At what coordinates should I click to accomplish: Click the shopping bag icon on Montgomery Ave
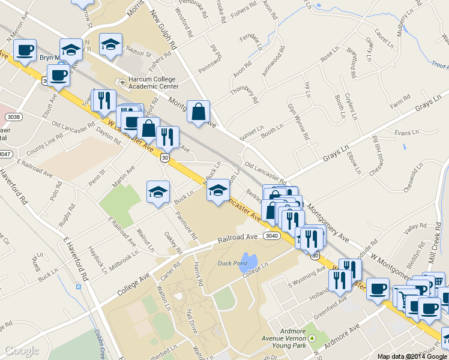(x=198, y=111)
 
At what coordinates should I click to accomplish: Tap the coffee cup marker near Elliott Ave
(x=58, y=76)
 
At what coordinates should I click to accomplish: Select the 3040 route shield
(x=272, y=236)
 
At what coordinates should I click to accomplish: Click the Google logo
(x=21, y=350)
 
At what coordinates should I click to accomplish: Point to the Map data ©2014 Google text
(x=412, y=356)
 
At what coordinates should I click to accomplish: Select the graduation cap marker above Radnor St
(x=110, y=44)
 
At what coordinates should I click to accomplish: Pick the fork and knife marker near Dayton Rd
(x=104, y=100)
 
